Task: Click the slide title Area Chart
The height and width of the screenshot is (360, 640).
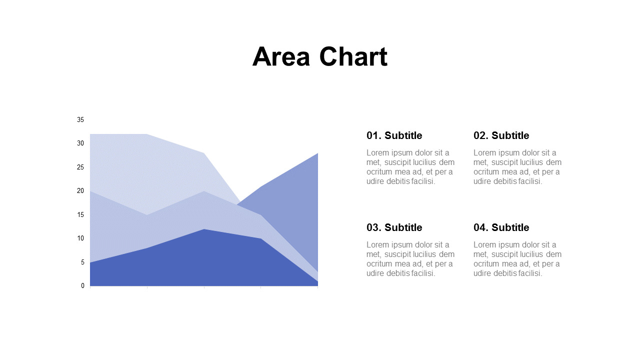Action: [319, 56]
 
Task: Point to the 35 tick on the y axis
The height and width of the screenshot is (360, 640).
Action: [80, 120]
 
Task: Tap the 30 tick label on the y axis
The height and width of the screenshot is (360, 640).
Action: [80, 143]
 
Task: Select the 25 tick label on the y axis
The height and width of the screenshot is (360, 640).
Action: [80, 167]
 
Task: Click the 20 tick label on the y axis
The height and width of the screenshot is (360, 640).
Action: [80, 191]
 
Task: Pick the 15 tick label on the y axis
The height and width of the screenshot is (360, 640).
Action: [80, 215]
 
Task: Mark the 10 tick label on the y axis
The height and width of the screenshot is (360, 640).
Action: [80, 238]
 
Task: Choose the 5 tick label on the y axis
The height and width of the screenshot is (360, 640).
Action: [82, 262]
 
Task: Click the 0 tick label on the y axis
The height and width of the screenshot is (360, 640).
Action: [82, 286]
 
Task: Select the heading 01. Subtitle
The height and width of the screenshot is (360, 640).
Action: [394, 135]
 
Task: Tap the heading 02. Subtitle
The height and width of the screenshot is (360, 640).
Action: [501, 135]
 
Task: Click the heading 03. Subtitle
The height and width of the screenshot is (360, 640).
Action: [394, 227]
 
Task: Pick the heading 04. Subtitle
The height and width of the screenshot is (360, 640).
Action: [501, 227]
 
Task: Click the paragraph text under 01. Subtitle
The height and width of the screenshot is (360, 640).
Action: [410, 167]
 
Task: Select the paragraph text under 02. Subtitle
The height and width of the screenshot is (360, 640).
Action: [517, 167]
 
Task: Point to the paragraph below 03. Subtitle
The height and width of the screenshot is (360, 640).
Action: [410, 259]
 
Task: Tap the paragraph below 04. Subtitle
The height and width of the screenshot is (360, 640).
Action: [517, 259]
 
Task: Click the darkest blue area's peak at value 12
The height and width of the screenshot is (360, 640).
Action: [204, 230]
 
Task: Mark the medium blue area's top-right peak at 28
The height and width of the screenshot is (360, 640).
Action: [317, 154]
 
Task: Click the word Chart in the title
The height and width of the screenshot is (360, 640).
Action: [353, 56]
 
